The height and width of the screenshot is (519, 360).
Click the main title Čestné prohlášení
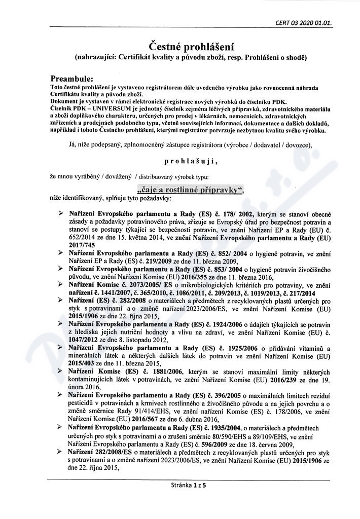pos(179,47)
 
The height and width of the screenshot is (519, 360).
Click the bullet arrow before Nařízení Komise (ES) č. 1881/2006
pos(61,372)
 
